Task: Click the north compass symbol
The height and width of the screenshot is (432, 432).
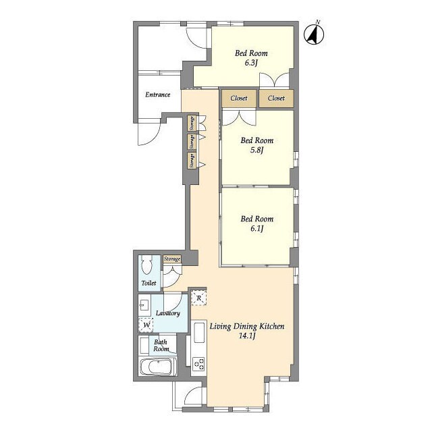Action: (x=314, y=34)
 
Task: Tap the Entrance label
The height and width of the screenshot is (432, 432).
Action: (x=157, y=94)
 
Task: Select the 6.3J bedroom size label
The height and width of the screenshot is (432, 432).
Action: (x=251, y=63)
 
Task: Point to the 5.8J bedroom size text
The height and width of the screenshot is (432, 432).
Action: (x=256, y=151)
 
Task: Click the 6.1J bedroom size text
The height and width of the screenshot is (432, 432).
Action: (x=256, y=229)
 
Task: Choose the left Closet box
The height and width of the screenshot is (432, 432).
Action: (x=239, y=98)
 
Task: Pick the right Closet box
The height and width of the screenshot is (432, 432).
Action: (x=276, y=98)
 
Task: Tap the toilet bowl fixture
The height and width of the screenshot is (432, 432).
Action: (x=146, y=265)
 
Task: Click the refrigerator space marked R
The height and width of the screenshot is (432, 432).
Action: (x=199, y=298)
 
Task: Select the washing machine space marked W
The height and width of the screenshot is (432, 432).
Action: (x=146, y=325)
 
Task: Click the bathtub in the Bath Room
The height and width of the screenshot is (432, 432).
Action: (x=158, y=367)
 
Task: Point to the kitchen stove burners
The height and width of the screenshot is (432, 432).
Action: (x=198, y=364)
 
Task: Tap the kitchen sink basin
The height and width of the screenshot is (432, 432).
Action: (x=199, y=333)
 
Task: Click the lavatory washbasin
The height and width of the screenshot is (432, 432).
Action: (x=144, y=305)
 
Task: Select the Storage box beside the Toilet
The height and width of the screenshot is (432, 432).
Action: (x=172, y=259)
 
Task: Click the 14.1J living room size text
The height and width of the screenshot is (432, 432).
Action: (x=247, y=336)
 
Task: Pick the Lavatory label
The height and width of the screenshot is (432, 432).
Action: (x=168, y=313)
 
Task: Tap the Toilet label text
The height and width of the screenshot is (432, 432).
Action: (x=148, y=283)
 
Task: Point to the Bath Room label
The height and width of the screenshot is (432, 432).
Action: (x=161, y=346)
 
